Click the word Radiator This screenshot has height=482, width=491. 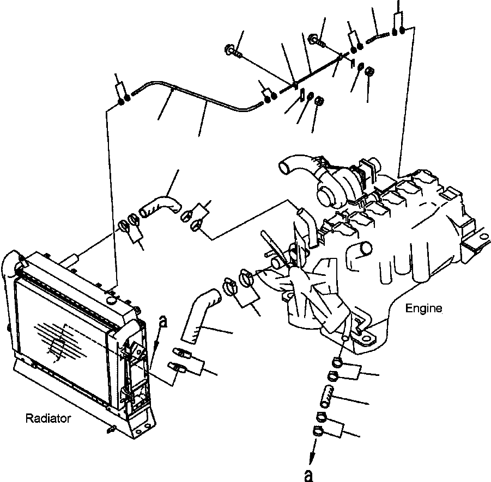(48, 418)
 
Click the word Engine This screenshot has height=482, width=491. (423, 308)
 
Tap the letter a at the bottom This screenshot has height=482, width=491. (309, 475)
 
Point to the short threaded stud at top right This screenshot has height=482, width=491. (377, 38)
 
